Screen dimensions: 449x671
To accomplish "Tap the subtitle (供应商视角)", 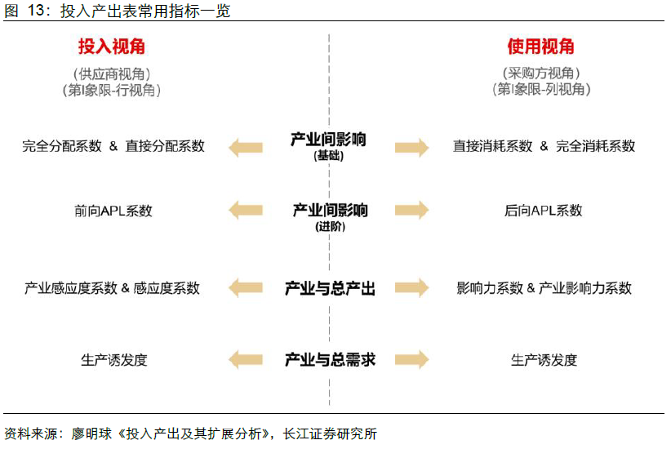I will click(x=112, y=73).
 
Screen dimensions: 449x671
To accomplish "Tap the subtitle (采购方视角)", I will click(x=541, y=73).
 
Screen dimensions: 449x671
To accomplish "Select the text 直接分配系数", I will click(x=165, y=147).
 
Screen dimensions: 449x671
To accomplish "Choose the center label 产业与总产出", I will click(x=329, y=288).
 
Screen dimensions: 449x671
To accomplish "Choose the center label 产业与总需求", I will click(x=329, y=359).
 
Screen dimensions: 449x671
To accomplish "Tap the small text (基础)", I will click(x=329, y=156).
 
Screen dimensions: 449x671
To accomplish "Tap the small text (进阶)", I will click(x=330, y=227).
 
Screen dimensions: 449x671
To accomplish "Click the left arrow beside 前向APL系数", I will click(x=246, y=211).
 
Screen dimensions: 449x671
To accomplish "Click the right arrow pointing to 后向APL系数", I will click(x=412, y=211).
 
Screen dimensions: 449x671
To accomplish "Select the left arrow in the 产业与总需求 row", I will click(x=246, y=359).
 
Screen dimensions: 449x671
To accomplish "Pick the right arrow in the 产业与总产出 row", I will click(x=412, y=288).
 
